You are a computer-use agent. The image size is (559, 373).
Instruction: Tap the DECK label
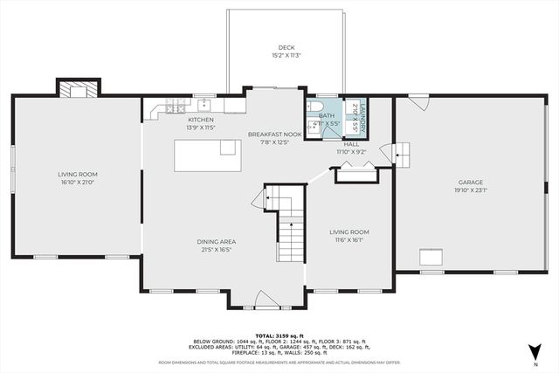[286, 48]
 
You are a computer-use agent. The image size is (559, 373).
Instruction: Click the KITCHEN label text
[200, 120]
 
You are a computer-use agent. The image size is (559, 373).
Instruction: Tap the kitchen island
[207, 156]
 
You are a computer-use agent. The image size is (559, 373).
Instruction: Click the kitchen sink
[204, 105]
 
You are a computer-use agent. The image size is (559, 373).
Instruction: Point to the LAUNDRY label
[356, 117]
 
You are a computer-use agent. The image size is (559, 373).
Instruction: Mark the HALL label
[351, 145]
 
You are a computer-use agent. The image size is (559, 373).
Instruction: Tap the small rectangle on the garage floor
[430, 257]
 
